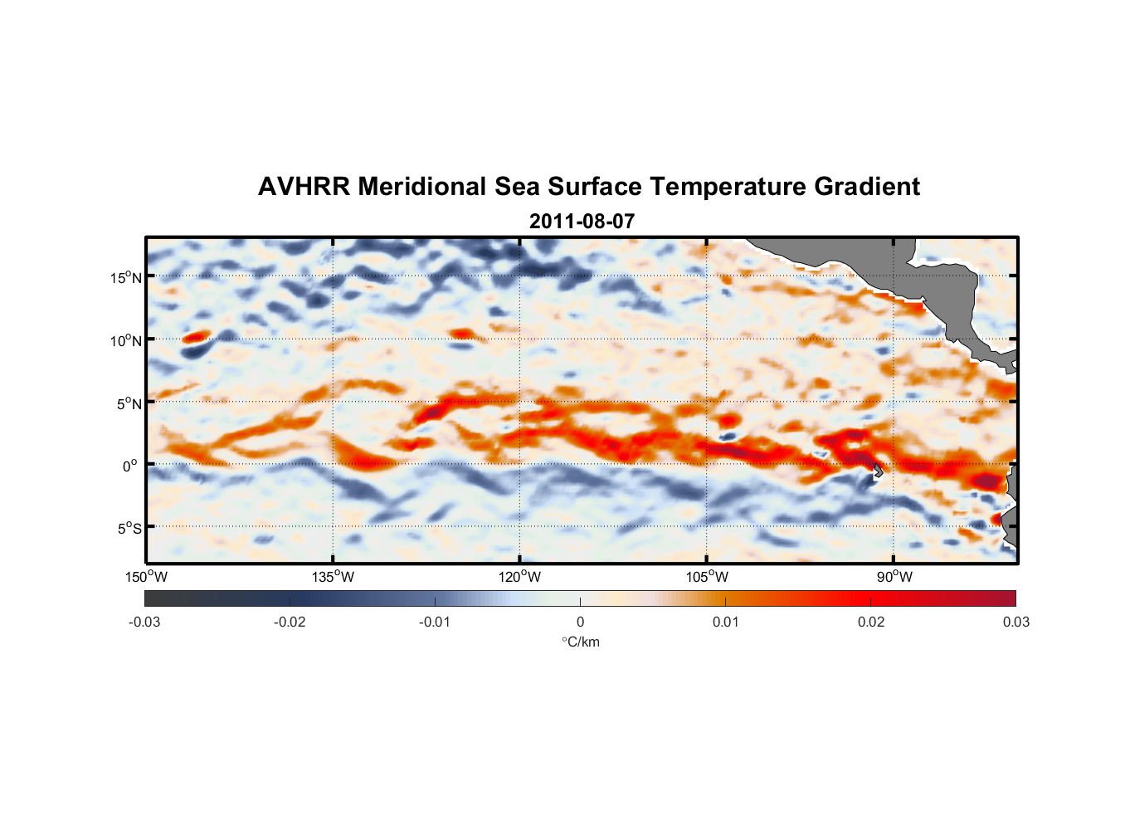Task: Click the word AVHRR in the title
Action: (x=304, y=187)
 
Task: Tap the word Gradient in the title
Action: (x=867, y=187)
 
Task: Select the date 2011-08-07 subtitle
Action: (x=582, y=222)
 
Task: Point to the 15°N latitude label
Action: (x=126, y=277)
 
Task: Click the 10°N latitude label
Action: (x=126, y=340)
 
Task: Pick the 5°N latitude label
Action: (x=129, y=403)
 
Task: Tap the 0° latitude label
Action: (x=130, y=466)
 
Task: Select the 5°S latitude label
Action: (x=129, y=528)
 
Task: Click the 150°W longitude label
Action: (x=146, y=577)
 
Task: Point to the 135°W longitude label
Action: (x=333, y=577)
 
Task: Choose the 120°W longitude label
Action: (x=519, y=577)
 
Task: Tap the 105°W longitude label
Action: (x=707, y=577)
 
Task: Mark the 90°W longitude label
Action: (x=894, y=577)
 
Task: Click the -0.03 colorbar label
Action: (x=144, y=622)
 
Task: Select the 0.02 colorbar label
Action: (x=871, y=622)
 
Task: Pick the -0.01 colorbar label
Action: (x=435, y=622)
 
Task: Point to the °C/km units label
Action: (x=581, y=642)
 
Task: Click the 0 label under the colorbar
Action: (x=580, y=622)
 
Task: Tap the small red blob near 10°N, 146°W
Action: (x=196, y=337)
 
